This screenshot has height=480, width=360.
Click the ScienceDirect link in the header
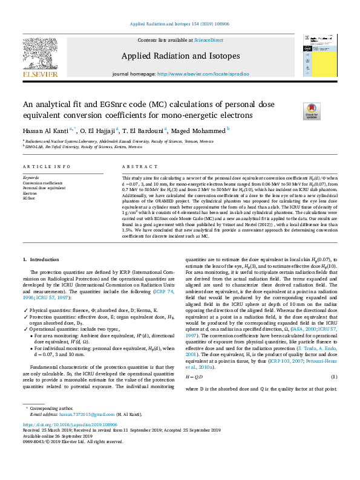(x=208, y=40)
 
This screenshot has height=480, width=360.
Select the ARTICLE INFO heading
(x=42, y=166)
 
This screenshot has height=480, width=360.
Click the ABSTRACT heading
(x=136, y=166)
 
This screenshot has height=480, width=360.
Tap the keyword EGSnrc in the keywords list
(x=29, y=198)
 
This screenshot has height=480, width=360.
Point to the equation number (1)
(x=333, y=377)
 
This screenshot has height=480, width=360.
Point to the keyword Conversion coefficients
(x=42, y=183)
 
